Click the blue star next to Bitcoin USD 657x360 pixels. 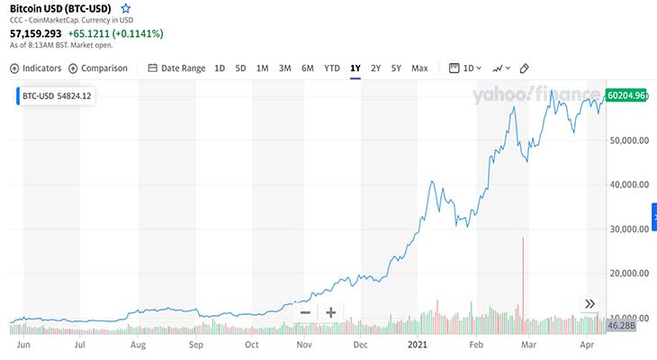[126, 8]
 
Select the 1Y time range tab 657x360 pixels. [355, 68]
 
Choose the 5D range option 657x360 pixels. [240, 68]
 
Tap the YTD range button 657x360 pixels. [332, 68]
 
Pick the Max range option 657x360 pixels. [419, 68]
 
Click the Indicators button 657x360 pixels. [36, 68]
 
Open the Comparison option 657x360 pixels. [98, 68]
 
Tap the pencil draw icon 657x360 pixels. [524, 68]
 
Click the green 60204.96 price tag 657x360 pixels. [626, 95]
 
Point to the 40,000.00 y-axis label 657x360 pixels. [629, 184]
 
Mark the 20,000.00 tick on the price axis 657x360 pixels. [629, 274]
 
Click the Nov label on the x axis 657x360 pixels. [304, 345]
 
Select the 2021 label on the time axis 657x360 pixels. [418, 345]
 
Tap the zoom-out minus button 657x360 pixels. [305, 312]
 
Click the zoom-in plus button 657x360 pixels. [331, 312]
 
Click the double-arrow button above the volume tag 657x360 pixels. [590, 304]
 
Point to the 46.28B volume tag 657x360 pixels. [621, 326]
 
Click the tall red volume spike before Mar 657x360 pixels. [523, 285]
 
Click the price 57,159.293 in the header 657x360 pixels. [36, 33]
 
